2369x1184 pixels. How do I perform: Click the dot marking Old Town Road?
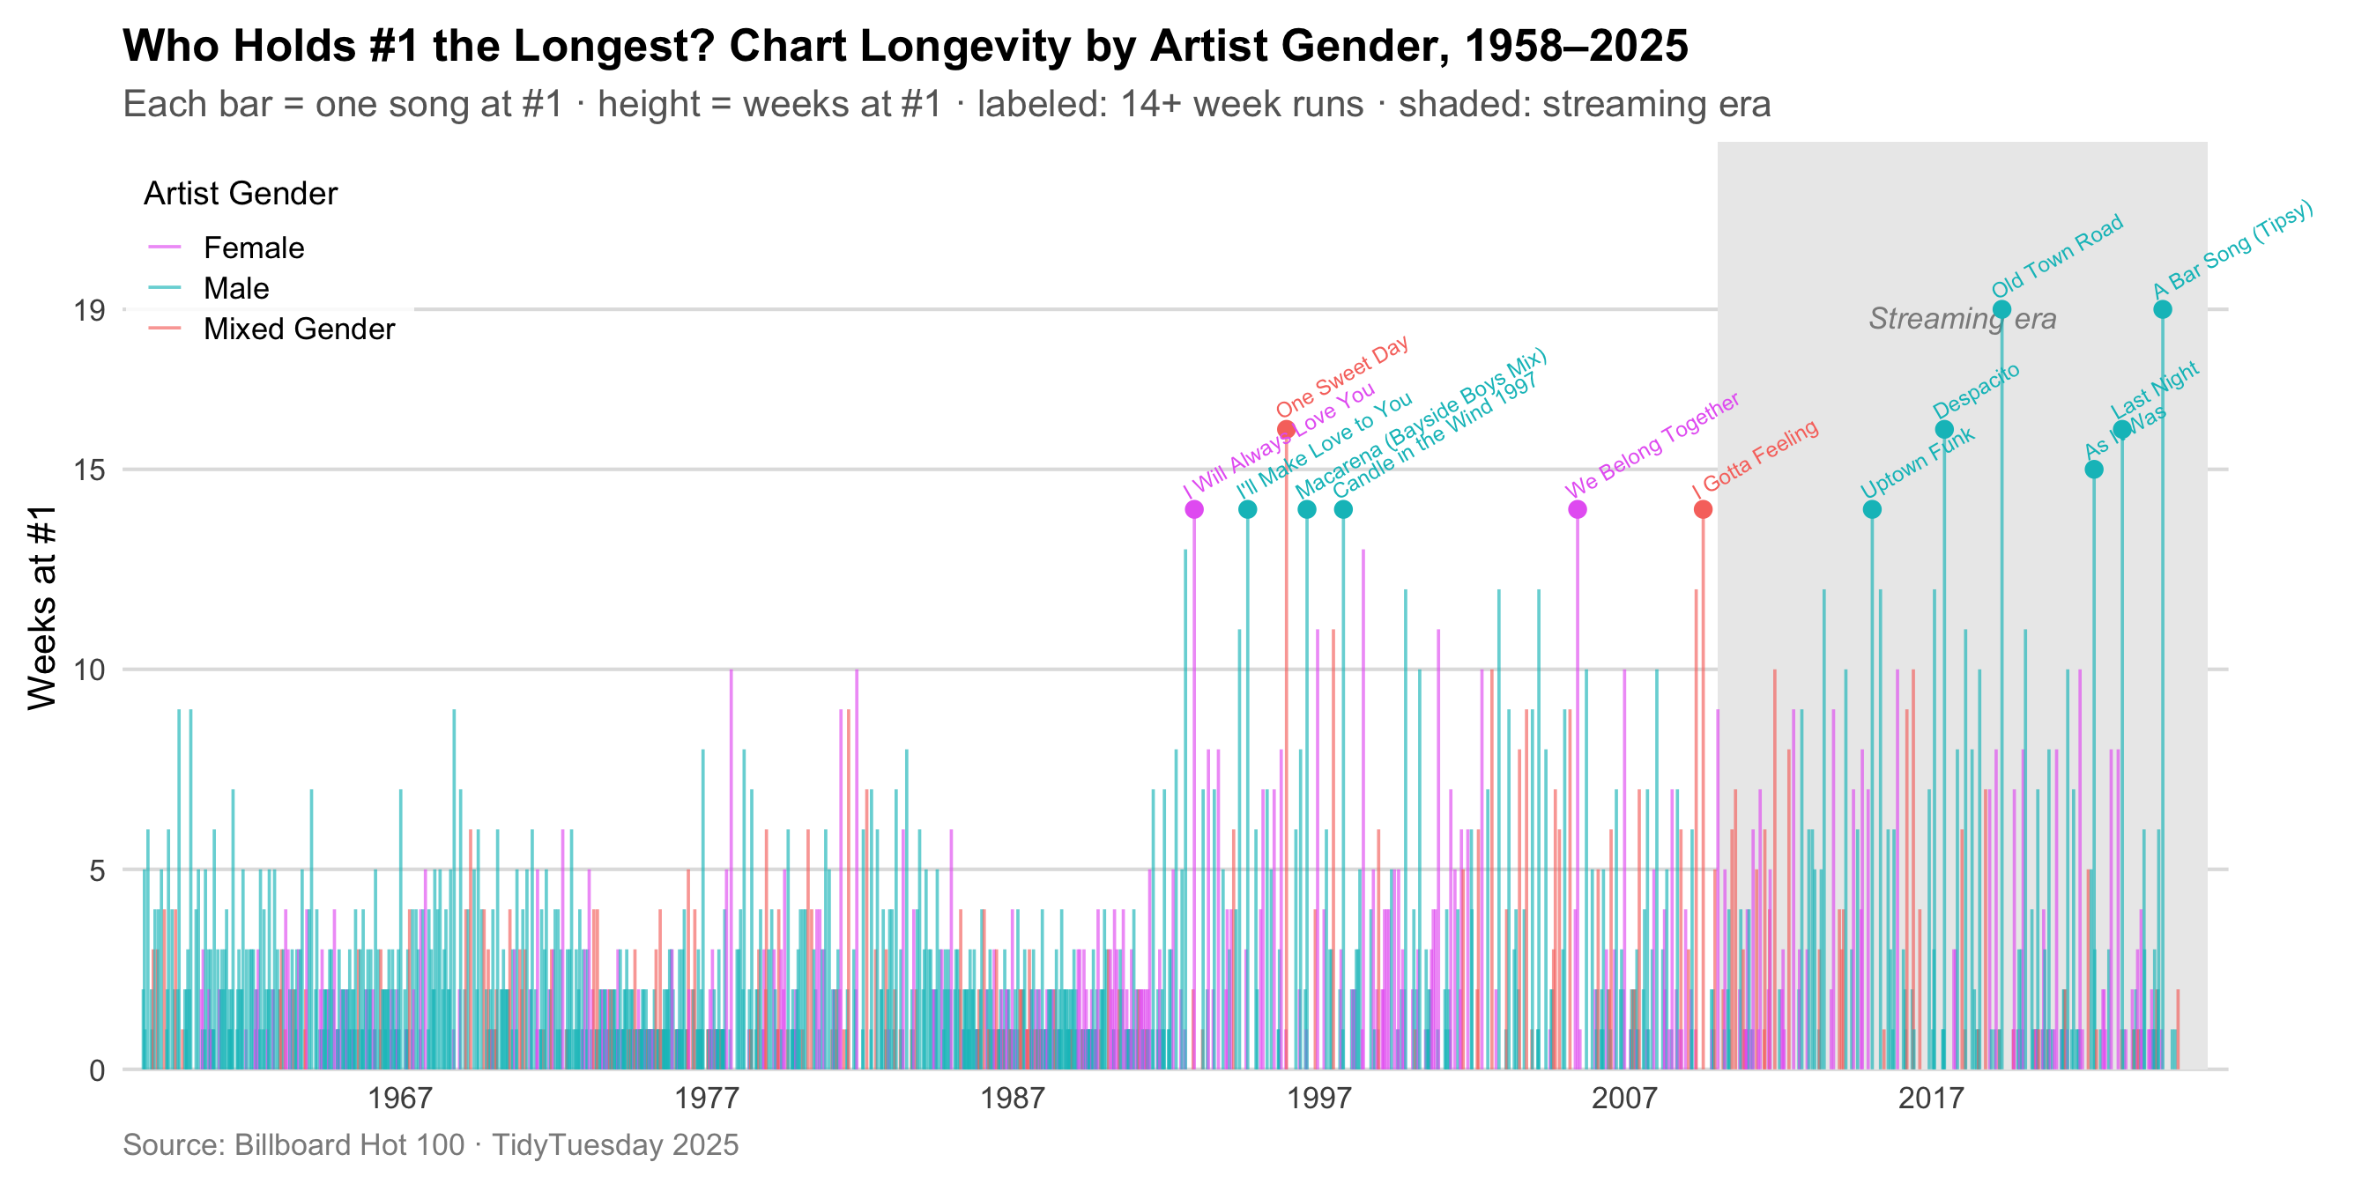pos(2001,310)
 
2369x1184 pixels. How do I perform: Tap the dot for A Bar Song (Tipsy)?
pos(2162,310)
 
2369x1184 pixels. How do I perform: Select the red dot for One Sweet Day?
pos(1286,429)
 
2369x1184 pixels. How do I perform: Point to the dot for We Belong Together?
pos(1578,509)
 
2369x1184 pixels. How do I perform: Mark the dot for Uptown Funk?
pos(1871,509)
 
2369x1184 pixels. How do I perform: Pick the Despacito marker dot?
pos(1944,429)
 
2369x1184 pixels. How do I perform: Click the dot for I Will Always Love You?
pos(1193,509)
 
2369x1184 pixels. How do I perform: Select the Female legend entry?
pos(253,248)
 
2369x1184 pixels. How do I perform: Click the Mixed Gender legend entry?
pos(298,329)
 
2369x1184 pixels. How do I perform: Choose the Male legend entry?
pos(235,289)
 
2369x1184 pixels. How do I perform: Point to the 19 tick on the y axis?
pos(89,311)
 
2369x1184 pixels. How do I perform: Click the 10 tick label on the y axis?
pos(89,670)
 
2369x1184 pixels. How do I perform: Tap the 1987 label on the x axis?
pos(1012,1098)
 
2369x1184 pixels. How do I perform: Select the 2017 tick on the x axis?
pos(1930,1098)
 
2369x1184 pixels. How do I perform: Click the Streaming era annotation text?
pos(1962,319)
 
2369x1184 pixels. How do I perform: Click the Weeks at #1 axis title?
pos(42,608)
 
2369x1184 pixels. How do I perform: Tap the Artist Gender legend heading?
pos(241,194)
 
